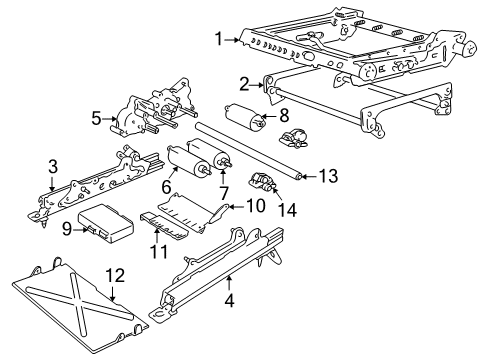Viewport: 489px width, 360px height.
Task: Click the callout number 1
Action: pyautogui.click(x=217, y=40)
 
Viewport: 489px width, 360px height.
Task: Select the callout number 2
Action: pyautogui.click(x=243, y=84)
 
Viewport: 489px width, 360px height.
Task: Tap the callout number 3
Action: pyautogui.click(x=52, y=167)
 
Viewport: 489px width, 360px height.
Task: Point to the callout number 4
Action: pyautogui.click(x=229, y=297)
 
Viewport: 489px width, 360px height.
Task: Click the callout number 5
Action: pyautogui.click(x=97, y=119)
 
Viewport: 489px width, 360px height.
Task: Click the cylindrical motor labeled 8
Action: pyautogui.click(x=245, y=120)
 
